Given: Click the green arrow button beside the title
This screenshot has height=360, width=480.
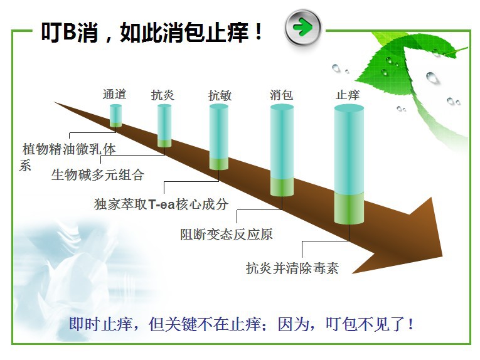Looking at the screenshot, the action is click(x=303, y=28).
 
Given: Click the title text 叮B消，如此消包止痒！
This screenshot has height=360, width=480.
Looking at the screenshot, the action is click(x=152, y=32).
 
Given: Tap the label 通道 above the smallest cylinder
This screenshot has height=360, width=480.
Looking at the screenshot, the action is click(x=114, y=94).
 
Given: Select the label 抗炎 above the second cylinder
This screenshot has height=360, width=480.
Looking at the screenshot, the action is click(x=163, y=95).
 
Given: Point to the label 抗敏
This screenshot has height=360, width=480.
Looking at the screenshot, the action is click(x=220, y=95).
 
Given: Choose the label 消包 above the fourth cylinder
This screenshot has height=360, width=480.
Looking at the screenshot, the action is click(x=281, y=95).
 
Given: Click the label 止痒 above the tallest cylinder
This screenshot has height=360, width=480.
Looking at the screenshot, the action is click(x=348, y=95).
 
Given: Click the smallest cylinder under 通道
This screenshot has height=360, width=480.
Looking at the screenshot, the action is click(x=115, y=115).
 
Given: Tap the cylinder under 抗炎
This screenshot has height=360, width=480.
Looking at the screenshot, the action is click(x=164, y=125).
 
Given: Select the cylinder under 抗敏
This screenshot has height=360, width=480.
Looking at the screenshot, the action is click(x=219, y=137).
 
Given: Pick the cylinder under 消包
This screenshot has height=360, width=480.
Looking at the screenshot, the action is click(x=282, y=150).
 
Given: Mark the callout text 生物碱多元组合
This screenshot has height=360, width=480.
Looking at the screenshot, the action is click(x=98, y=175).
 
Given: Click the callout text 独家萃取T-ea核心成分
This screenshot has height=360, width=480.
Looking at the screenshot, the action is click(x=161, y=204).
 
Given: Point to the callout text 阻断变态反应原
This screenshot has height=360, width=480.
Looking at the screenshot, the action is click(x=227, y=235).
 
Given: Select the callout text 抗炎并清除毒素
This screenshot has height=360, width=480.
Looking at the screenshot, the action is click(x=292, y=268).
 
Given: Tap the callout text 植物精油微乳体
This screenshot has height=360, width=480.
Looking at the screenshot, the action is click(x=69, y=149).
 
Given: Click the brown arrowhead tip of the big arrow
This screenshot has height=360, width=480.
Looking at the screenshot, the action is click(x=442, y=257).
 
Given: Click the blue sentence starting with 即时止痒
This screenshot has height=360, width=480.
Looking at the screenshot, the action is click(x=242, y=324).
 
